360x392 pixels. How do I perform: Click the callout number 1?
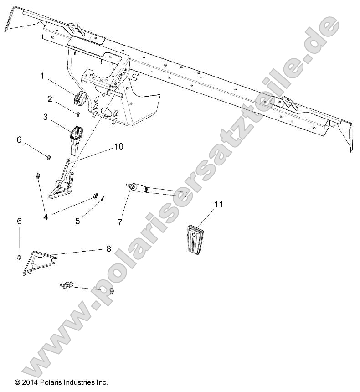42,76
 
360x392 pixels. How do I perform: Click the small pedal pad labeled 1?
81,98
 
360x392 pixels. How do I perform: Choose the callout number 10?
118,146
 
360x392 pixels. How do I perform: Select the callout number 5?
77,221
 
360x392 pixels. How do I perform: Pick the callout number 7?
120,222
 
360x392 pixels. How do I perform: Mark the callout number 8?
108,249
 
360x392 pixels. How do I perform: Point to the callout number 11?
219,204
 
